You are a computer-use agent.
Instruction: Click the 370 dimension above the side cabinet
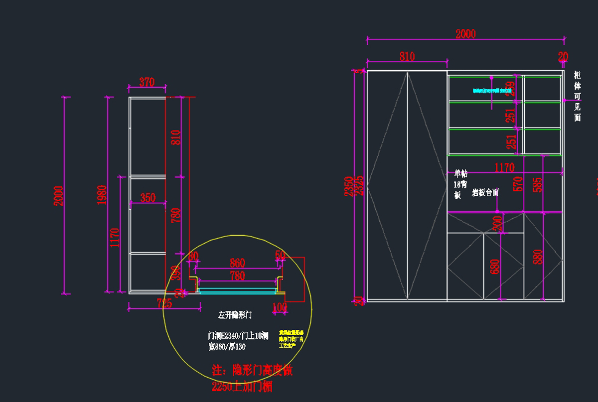[147, 82]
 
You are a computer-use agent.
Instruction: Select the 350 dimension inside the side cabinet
[148, 198]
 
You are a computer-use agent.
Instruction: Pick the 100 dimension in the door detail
[280, 307]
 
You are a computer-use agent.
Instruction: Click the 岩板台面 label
[485, 192]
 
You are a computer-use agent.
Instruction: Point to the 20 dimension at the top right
[563, 57]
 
